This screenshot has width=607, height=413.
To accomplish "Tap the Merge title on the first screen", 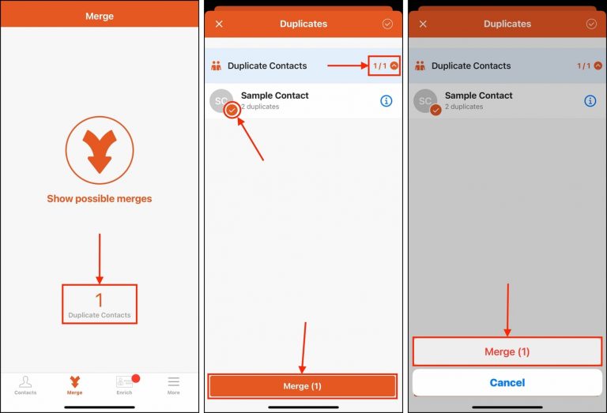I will pyautogui.click(x=100, y=16).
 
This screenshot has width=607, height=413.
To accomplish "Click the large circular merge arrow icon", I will pyautogui.click(x=100, y=150).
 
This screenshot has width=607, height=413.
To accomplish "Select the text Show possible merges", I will pyautogui.click(x=100, y=199).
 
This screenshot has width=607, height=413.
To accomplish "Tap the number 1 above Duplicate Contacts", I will pyautogui.click(x=100, y=300).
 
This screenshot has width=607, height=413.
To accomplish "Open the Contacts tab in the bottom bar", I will pyautogui.click(x=25, y=385).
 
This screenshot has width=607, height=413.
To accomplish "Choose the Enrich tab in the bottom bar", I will pyautogui.click(x=124, y=385).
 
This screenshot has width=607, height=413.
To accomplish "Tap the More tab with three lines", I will pyautogui.click(x=173, y=385).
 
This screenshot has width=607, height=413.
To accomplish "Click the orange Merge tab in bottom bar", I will pyautogui.click(x=74, y=385).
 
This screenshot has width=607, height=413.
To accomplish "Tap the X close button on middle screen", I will pyautogui.click(x=219, y=24).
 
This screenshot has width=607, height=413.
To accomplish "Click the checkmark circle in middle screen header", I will pyautogui.click(x=387, y=24).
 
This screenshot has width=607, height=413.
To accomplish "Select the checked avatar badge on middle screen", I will pyautogui.click(x=232, y=111).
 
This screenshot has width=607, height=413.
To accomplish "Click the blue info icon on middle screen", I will pyautogui.click(x=386, y=101).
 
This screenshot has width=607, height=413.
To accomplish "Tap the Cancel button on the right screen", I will pyautogui.click(x=507, y=383).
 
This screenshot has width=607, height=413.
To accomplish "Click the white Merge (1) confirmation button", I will pyautogui.click(x=507, y=351).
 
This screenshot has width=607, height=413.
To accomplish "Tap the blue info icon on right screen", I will pyautogui.click(x=590, y=101).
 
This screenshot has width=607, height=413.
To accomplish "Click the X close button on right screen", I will pyautogui.click(x=423, y=24).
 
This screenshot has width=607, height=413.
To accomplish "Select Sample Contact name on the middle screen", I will pyautogui.click(x=275, y=96).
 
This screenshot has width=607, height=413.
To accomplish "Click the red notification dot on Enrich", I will pyautogui.click(x=135, y=379).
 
